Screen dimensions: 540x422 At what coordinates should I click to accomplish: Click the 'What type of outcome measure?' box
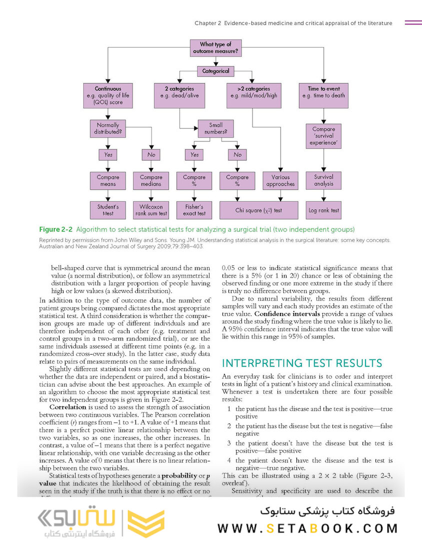pyautogui.click(x=215, y=48)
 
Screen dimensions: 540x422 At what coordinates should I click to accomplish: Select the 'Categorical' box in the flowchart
pyautogui.click(x=215, y=71)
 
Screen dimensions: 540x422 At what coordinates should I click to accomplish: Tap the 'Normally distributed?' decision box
pyautogui.click(x=108, y=128)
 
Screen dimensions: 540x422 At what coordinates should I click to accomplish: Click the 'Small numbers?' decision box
pyautogui.click(x=215, y=128)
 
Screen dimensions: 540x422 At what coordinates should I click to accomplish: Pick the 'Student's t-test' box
pyautogui.click(x=108, y=210)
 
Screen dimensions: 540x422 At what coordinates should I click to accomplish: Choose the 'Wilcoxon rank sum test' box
pyautogui.click(x=151, y=210)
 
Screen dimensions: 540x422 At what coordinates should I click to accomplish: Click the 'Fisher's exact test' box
pyautogui.click(x=194, y=210)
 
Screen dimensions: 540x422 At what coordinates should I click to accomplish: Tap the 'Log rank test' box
pyautogui.click(x=323, y=210)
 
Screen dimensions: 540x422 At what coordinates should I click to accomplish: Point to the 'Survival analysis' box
pyautogui.click(x=323, y=180)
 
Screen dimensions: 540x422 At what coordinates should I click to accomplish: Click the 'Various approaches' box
pyautogui.click(x=280, y=180)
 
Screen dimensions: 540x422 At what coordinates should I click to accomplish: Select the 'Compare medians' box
pyautogui.click(x=151, y=180)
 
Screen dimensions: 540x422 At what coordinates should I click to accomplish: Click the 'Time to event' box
pyautogui.click(x=323, y=95)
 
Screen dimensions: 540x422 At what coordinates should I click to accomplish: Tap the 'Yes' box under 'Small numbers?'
pyautogui.click(x=194, y=155)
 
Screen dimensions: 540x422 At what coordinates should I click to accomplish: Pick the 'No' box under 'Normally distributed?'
pyautogui.click(x=151, y=155)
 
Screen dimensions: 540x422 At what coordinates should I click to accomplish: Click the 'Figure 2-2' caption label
pyautogui.click(x=56, y=229)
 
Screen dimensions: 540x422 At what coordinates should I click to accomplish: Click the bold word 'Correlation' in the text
pyautogui.click(x=68, y=407)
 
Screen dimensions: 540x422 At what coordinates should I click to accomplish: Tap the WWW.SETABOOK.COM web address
pyautogui.click(x=307, y=528)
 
